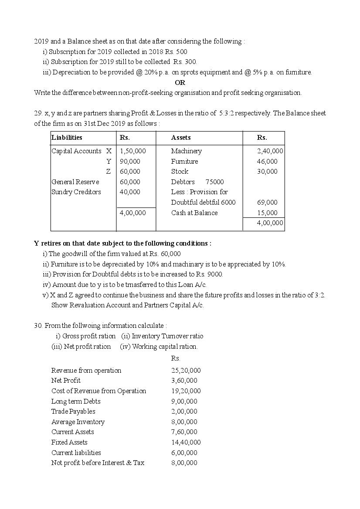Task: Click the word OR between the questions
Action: [x=180, y=82]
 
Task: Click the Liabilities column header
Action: [x=67, y=138]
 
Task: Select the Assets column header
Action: [x=180, y=138]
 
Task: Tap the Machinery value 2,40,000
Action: [x=270, y=151]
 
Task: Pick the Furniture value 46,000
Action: [x=267, y=162]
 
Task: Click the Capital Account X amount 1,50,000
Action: [x=132, y=151]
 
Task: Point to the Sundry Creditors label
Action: [x=76, y=192]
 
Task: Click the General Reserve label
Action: [x=75, y=182]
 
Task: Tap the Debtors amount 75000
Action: [x=214, y=182]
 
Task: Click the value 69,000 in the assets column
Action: [x=267, y=202]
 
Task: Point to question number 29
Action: [x=38, y=113]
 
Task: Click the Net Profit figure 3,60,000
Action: [x=184, y=381]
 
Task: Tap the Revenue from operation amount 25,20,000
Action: [x=186, y=371]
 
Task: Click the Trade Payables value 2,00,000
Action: [x=184, y=411]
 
